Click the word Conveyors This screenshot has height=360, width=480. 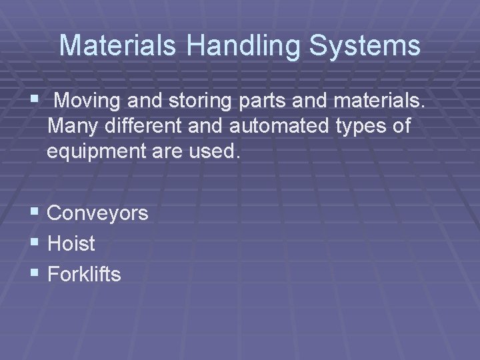pyautogui.click(x=98, y=213)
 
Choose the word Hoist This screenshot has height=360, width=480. pyautogui.click(x=71, y=243)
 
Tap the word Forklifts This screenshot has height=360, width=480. pyautogui.click(x=85, y=273)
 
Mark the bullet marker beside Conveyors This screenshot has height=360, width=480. pyautogui.click(x=35, y=213)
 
